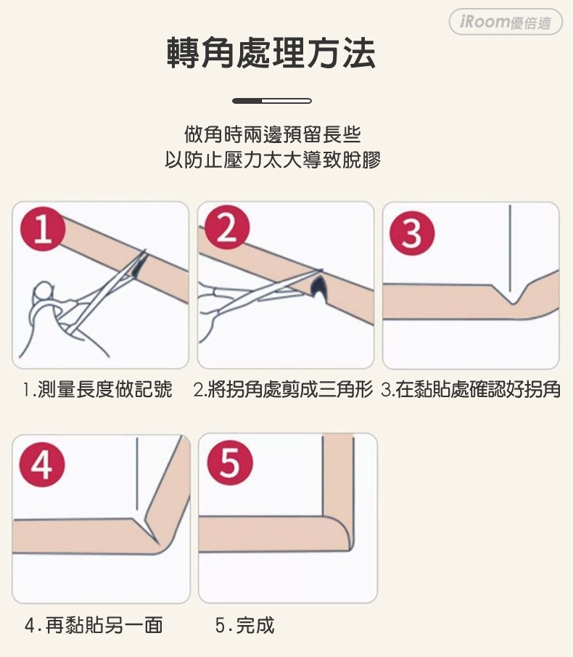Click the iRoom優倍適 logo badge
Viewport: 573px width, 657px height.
click(x=506, y=22)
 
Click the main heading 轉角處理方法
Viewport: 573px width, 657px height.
click(x=271, y=53)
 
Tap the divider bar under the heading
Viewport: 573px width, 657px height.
click(x=272, y=101)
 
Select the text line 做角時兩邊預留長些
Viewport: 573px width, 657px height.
click(x=273, y=134)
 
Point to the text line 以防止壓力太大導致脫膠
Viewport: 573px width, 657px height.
click(x=273, y=160)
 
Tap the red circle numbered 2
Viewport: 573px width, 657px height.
click(x=227, y=228)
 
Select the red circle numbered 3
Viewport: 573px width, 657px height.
click(x=412, y=233)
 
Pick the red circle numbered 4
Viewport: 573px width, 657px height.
click(x=42, y=465)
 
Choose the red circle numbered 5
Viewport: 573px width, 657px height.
click(x=230, y=463)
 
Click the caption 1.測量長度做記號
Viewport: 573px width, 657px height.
click(x=97, y=389)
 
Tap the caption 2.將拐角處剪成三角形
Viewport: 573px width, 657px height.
click(x=283, y=389)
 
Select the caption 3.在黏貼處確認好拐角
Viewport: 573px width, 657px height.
click(x=471, y=389)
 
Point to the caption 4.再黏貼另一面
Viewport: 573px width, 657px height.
click(x=94, y=626)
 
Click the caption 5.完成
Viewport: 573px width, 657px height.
click(x=245, y=626)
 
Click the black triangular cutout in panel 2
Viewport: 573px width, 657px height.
click(x=319, y=287)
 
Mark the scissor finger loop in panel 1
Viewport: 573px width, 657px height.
click(x=42, y=292)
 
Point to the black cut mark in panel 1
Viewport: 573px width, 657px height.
click(x=137, y=267)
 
